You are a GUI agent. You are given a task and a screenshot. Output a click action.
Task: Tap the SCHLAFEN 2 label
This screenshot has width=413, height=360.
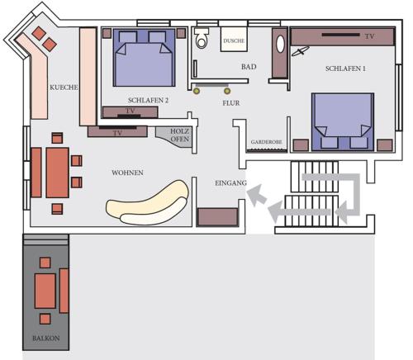pos(150,99)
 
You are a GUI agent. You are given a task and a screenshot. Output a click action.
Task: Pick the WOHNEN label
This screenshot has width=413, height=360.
pos(127,173)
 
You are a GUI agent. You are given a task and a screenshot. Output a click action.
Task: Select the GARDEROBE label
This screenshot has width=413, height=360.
pos(267,143)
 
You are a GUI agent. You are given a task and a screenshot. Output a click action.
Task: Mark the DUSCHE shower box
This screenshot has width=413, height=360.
pos(234,39)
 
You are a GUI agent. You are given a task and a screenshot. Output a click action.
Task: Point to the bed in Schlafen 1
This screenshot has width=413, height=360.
pos(340,120)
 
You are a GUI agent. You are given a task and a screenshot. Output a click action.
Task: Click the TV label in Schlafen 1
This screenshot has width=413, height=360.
pos(368,37)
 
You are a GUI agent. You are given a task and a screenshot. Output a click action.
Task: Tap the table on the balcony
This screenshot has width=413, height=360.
pos(45,291)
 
